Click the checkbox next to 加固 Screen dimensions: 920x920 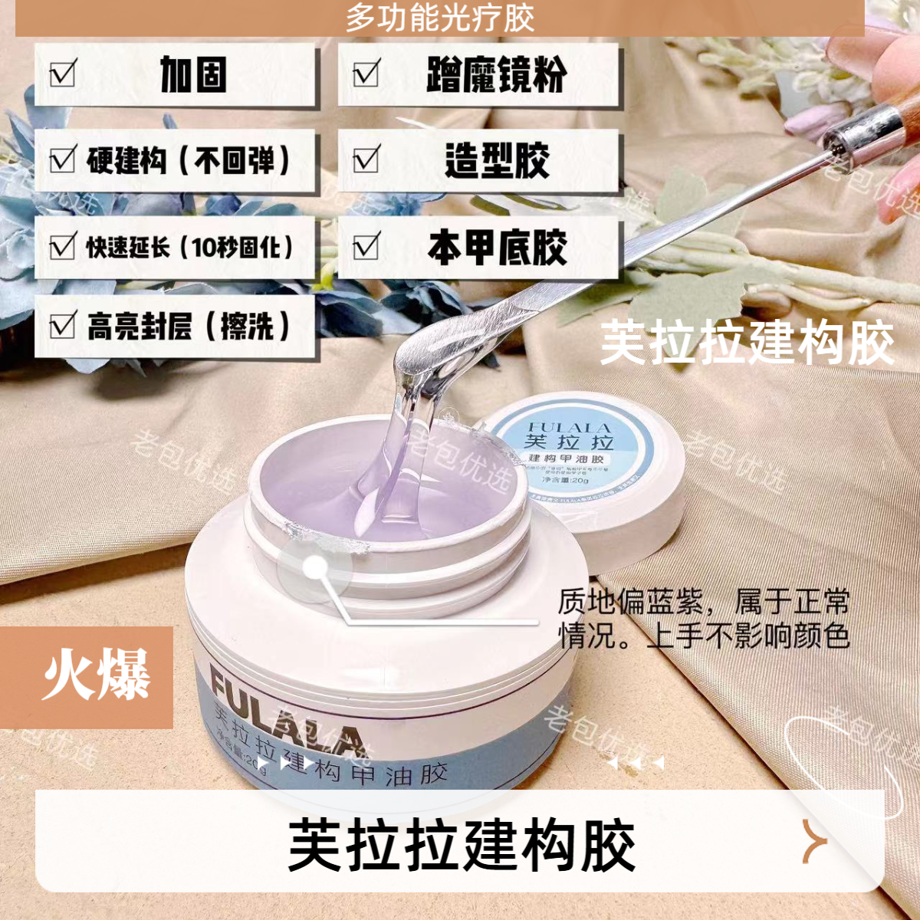(x=62, y=74)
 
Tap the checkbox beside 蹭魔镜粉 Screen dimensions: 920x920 (x=366, y=74)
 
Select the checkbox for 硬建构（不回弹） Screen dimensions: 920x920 (x=62, y=160)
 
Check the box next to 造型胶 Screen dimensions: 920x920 (x=366, y=160)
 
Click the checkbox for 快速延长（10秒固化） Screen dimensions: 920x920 (x=62, y=247)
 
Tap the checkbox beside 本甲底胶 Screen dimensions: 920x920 (x=366, y=247)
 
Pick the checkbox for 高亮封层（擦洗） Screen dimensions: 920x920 (x=62, y=326)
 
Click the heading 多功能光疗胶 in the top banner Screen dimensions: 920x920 (x=439, y=18)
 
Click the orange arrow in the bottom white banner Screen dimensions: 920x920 (x=814, y=841)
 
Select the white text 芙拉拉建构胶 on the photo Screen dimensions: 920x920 (x=747, y=343)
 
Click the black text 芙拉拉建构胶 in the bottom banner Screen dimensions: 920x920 (x=462, y=846)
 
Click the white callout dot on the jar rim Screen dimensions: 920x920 (x=315, y=568)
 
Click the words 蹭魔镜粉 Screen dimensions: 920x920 (x=497, y=74)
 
